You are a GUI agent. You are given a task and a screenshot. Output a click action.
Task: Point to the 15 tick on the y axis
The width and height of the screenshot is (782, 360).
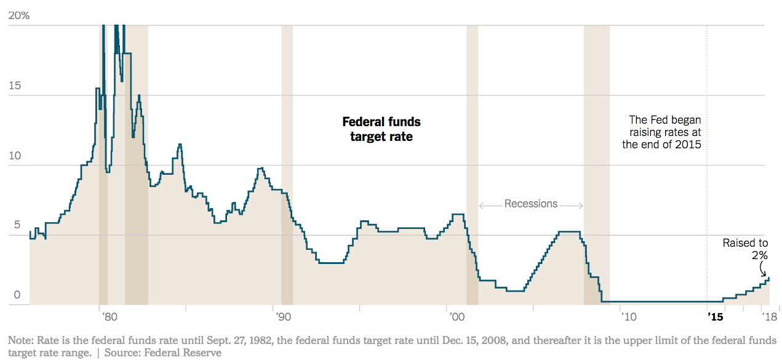[14, 86]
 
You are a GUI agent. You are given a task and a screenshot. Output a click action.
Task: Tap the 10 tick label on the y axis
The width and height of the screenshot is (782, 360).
[14, 156]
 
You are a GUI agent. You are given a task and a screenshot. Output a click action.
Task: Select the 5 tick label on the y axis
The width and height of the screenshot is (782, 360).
[17, 226]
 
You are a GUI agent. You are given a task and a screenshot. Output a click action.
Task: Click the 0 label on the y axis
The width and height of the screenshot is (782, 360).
[17, 295]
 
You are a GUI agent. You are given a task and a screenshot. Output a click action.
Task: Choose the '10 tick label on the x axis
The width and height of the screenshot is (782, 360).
[629, 317]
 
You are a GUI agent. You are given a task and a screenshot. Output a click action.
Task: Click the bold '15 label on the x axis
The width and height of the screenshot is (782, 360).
[716, 317]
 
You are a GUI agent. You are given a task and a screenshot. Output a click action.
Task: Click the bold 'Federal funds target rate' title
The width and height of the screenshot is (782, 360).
[381, 129]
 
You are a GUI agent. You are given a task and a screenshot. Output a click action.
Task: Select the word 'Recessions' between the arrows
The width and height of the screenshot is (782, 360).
[531, 204]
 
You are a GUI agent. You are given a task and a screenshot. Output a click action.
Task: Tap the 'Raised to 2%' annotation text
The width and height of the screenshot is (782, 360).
[745, 249]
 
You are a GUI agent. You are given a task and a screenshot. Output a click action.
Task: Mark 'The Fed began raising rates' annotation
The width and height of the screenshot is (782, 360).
[662, 132]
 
